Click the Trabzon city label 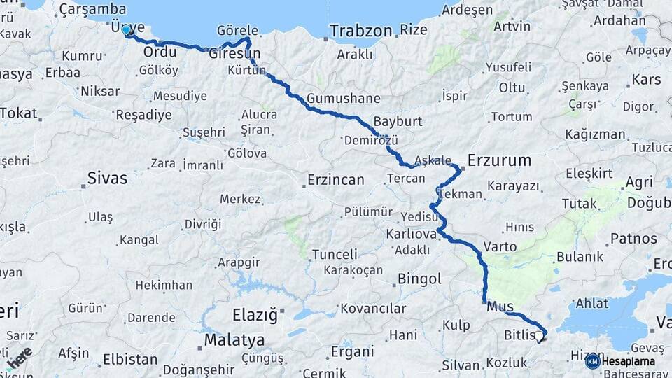360,31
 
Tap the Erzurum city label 499,160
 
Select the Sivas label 107,178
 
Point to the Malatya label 234,340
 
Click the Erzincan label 335,180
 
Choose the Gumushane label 343,98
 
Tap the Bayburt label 398,121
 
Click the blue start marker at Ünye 126,30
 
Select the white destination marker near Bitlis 539,338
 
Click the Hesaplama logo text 628,361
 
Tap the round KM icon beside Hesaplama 592,361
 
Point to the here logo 19,357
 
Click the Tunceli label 334,254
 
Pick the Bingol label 419,279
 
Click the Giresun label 234,53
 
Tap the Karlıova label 411,232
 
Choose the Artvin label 512,27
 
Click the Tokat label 18,113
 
